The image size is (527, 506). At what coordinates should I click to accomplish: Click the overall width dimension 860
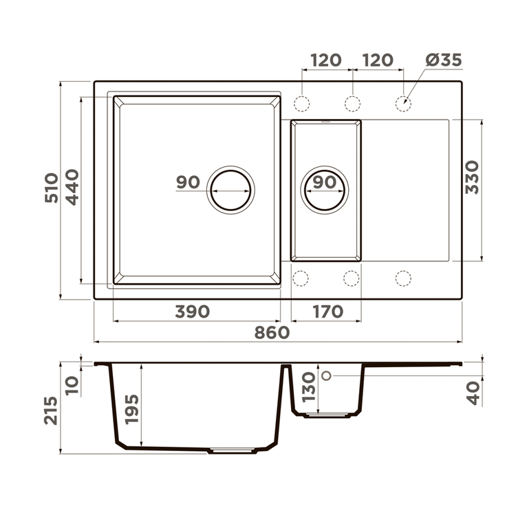pos(272,333)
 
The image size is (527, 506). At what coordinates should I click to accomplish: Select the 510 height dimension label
pos(52,188)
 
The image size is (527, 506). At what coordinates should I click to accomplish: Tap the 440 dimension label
pos(72,187)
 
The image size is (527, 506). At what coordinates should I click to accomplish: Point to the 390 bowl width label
pos(192,311)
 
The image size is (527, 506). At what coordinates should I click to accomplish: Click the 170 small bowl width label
pos(328,311)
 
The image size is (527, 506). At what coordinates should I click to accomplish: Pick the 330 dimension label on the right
pos(472,177)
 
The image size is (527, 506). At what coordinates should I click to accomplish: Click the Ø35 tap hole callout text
pos(444,60)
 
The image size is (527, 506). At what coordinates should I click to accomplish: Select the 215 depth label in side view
pos(51,410)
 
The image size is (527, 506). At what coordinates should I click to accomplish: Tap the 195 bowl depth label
pos(132,409)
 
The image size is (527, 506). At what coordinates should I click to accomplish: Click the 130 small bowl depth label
pos(308,387)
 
